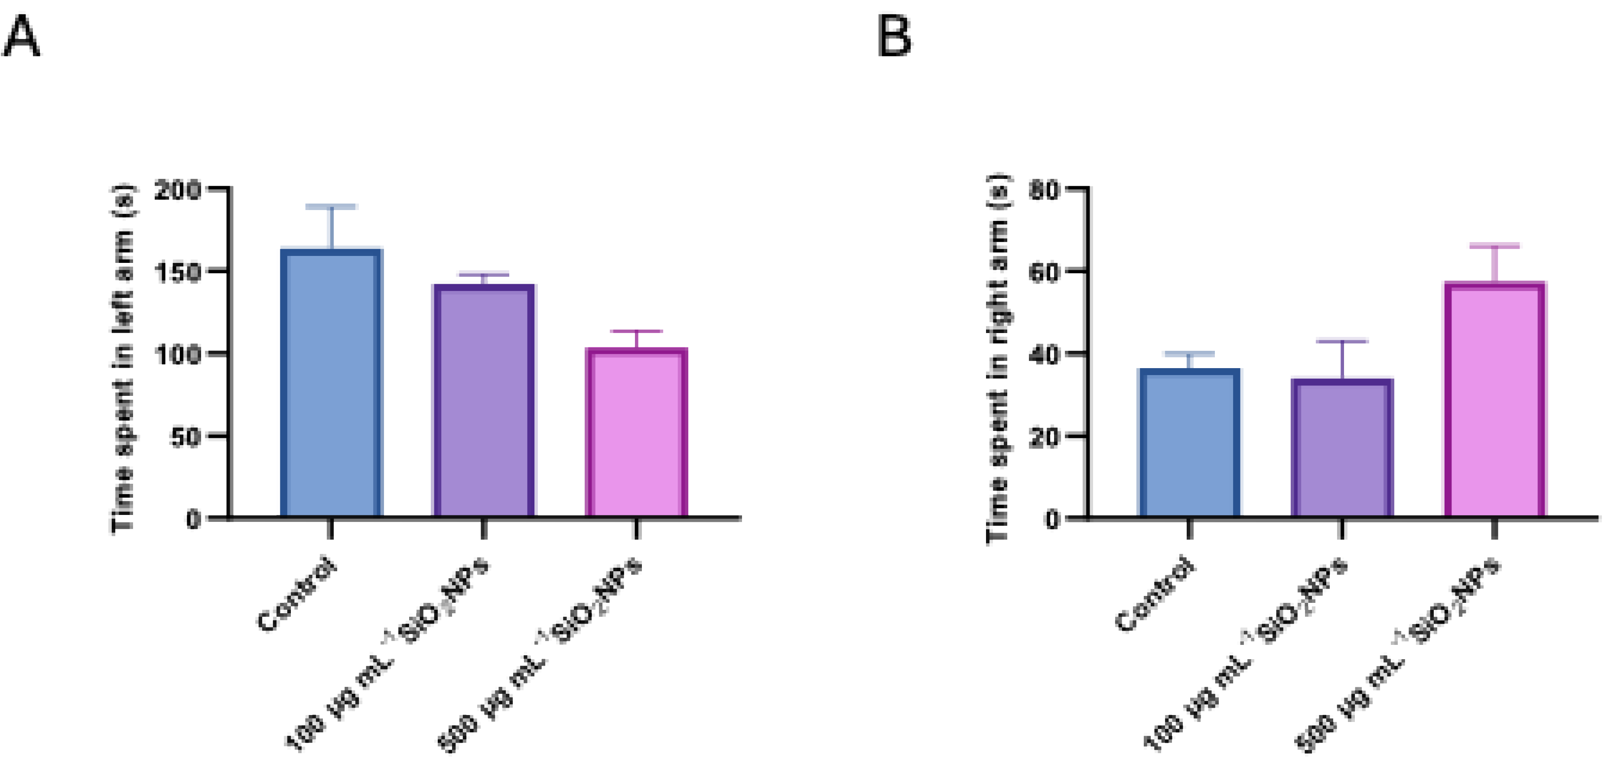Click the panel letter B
(x=894, y=38)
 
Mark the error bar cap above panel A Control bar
(x=331, y=206)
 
